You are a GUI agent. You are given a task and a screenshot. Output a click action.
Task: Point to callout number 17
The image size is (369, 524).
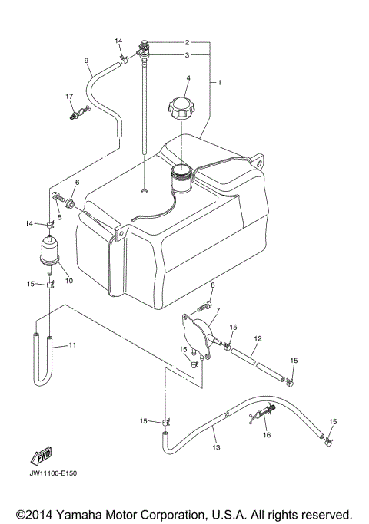(69, 96)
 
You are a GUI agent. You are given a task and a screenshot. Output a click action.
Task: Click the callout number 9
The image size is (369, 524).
(86, 61)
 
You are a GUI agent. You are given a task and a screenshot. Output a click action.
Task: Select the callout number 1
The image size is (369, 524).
(219, 81)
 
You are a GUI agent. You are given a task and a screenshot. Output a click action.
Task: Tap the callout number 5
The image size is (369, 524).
(59, 217)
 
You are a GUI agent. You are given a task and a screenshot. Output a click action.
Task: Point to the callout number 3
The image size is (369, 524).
(187, 55)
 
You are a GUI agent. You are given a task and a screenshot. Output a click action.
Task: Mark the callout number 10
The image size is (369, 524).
(68, 280)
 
